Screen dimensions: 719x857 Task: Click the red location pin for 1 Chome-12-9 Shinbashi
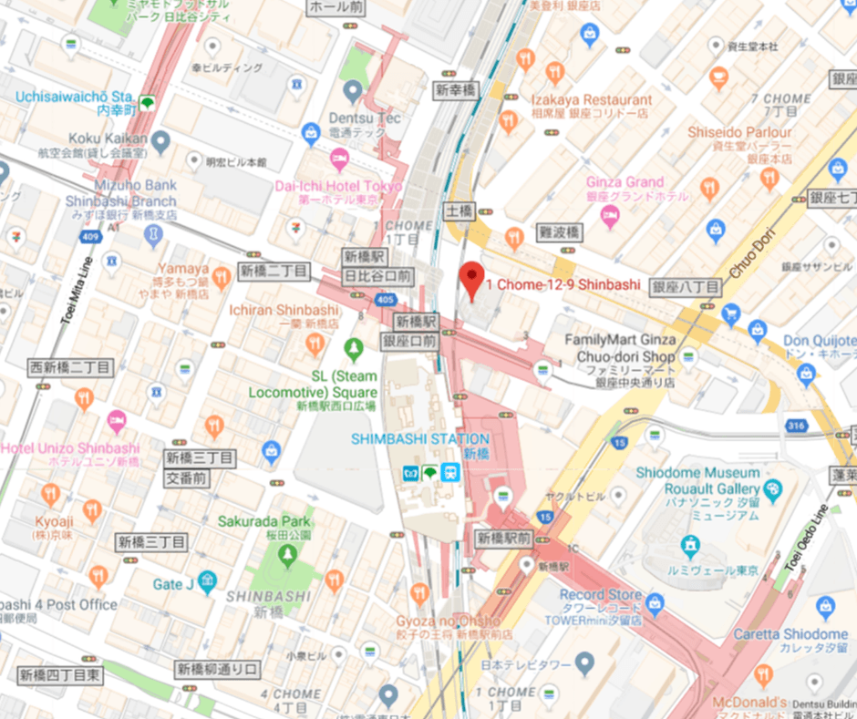coord(470,278)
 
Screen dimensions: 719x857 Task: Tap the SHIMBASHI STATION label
coord(420,438)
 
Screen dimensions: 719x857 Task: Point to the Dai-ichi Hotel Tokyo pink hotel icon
coord(338,162)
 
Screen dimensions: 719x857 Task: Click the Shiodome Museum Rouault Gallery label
coord(698,481)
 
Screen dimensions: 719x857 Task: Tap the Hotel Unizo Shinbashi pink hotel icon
coord(116,422)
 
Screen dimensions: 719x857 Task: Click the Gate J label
coord(174,584)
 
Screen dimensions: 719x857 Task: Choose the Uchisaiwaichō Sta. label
coord(74,96)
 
